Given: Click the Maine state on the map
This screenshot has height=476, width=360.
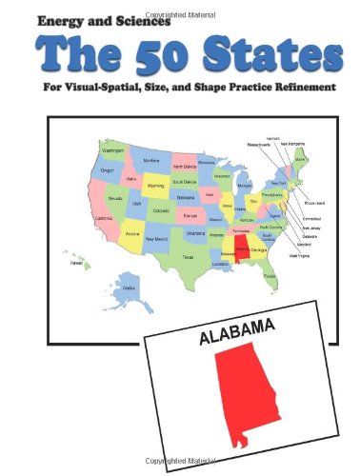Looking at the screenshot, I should (x=303, y=156).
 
